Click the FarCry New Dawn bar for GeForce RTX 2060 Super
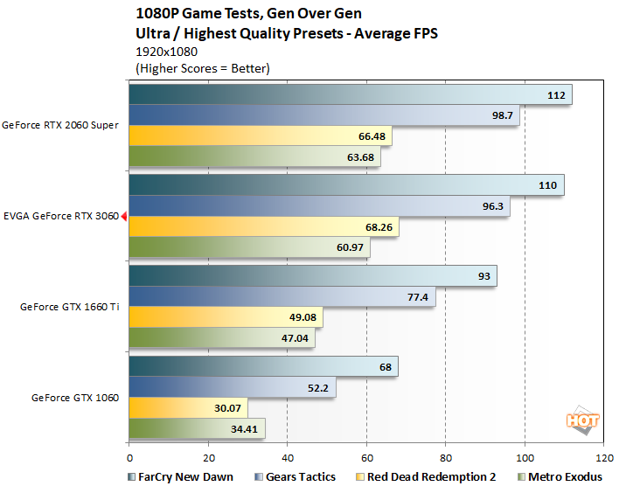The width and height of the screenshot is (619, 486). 350,95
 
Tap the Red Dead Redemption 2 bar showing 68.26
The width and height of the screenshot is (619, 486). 263,227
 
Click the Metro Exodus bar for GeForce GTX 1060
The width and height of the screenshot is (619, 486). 197,429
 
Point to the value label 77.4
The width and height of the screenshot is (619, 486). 416,297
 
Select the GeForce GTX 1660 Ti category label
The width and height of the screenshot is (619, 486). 71,307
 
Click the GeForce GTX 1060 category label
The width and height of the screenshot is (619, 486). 76,397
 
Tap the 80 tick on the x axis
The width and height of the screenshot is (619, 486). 445,456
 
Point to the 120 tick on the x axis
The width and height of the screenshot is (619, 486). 602,456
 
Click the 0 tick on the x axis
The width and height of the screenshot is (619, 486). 129,456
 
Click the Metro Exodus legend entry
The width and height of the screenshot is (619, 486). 564,476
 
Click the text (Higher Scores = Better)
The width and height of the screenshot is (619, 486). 203,67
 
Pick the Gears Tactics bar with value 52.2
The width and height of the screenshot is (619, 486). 232,387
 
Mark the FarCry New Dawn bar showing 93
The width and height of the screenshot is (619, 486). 312,276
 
